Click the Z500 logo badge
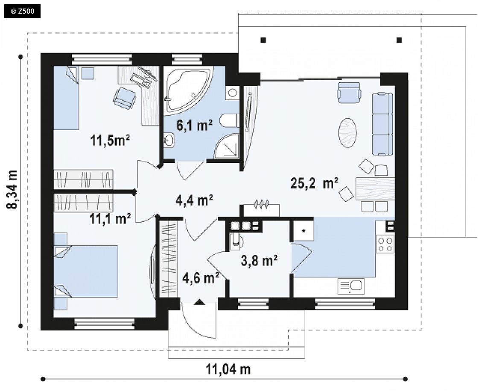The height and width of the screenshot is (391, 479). click(22, 12)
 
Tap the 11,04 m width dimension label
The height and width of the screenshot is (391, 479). click(228, 370)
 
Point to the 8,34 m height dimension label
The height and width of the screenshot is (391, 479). click(12, 189)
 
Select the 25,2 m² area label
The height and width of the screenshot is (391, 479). click(314, 183)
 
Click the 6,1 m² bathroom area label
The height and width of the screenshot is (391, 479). click(194, 125)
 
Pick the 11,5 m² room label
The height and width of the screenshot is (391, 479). click(110, 140)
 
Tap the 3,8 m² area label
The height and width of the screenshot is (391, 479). click(259, 261)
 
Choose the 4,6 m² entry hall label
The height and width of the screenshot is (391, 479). click(200, 278)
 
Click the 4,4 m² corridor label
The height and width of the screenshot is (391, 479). click(194, 200)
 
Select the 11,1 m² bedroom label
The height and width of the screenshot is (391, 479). click(110, 219)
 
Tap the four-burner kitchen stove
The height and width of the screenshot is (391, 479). click(385, 244)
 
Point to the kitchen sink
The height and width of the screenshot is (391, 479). click(351, 287)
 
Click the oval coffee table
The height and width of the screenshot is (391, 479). click(348, 133)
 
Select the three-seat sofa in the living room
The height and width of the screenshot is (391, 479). click(382, 124)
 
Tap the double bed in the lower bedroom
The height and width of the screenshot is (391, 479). click(86, 271)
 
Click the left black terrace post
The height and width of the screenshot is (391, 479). click(263, 40)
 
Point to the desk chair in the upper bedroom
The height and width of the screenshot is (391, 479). click(124, 98)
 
